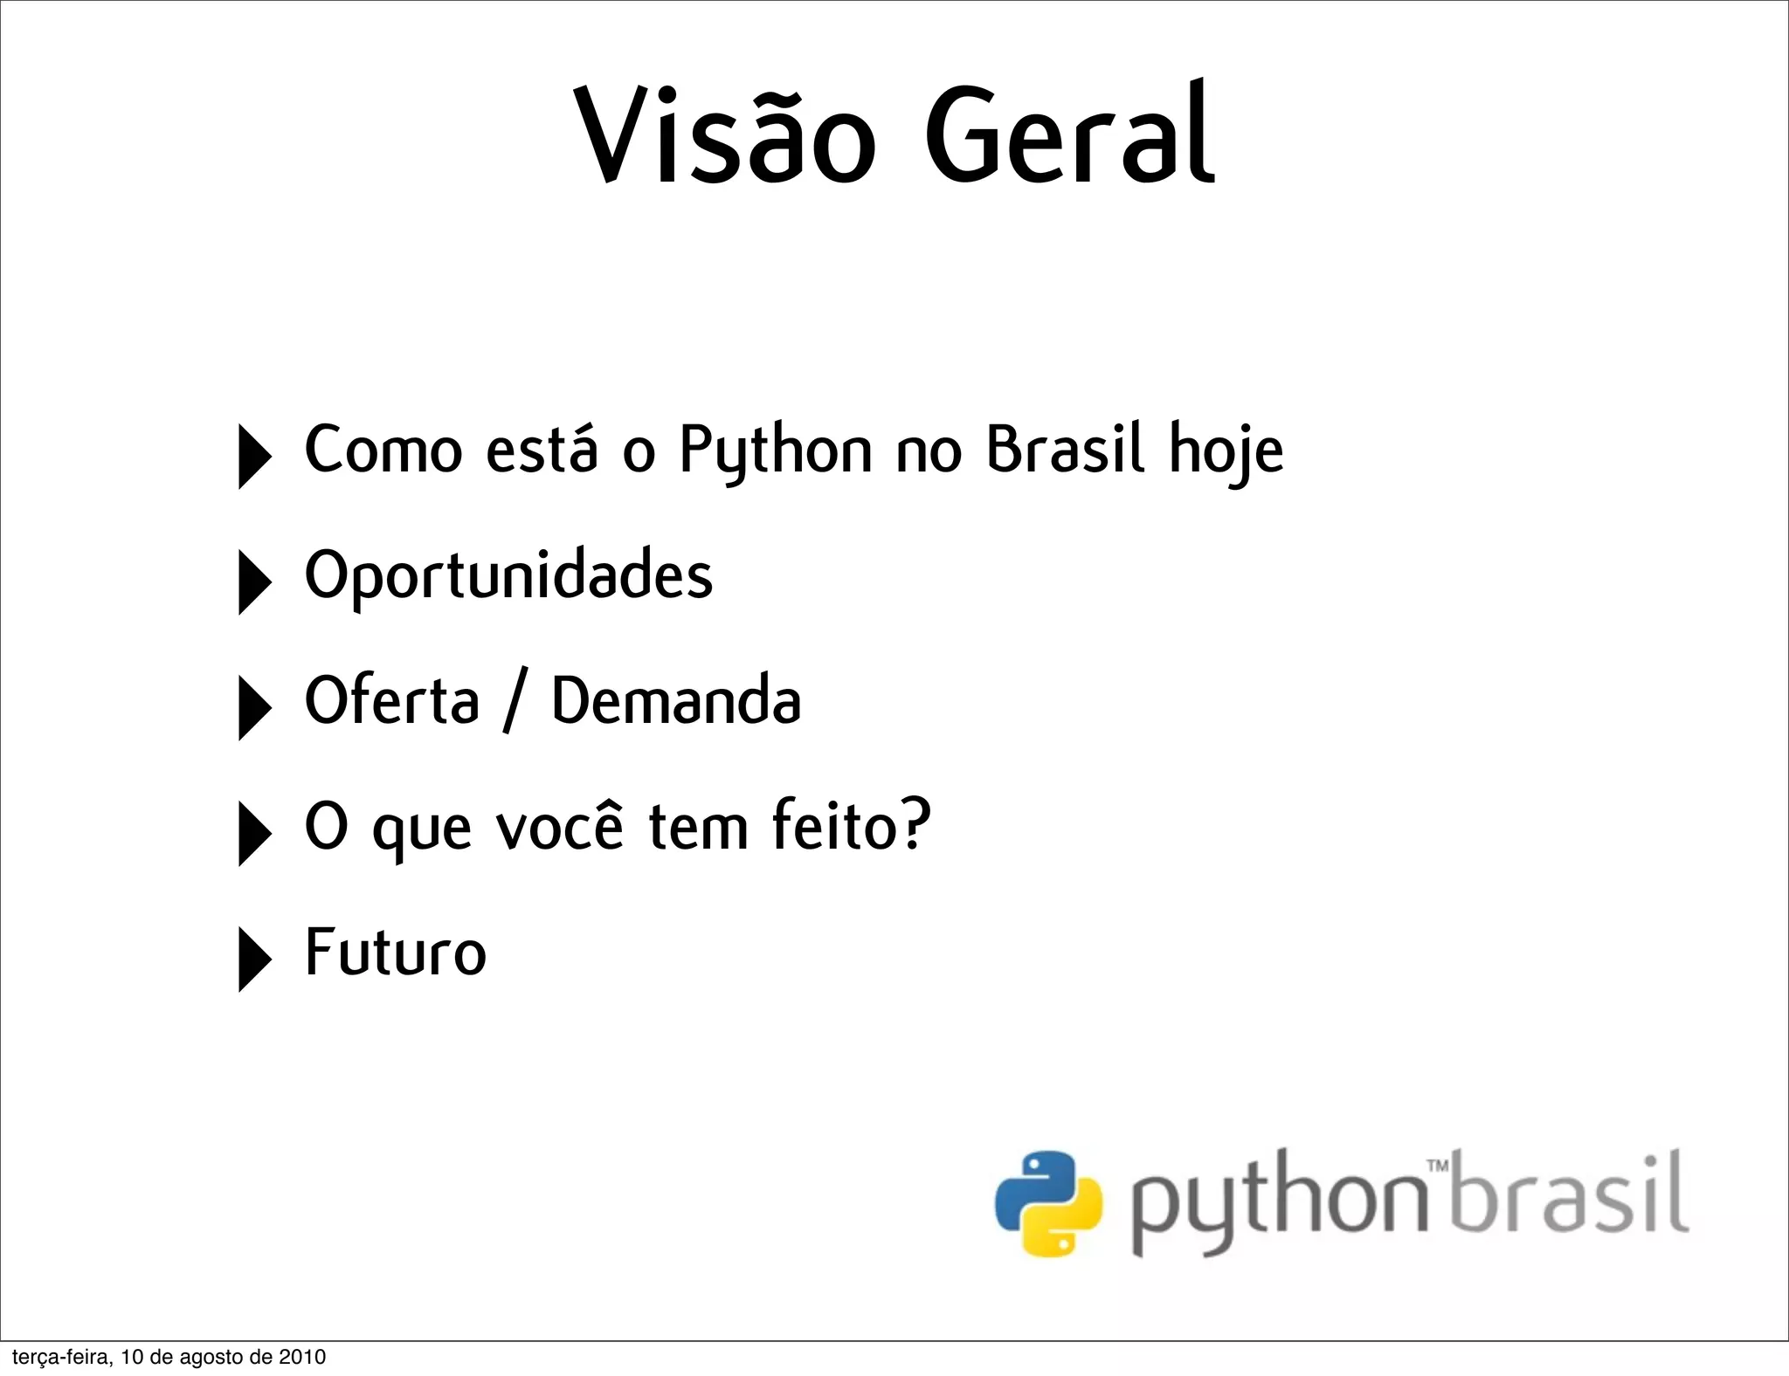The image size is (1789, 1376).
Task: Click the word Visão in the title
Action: (x=724, y=135)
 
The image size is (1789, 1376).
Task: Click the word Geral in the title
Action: (x=1069, y=135)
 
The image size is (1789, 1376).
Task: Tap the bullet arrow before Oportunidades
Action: (x=253, y=581)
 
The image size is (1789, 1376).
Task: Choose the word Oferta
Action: (x=392, y=701)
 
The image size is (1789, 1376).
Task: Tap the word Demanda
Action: (x=676, y=701)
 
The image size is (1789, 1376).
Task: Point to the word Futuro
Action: (x=396, y=952)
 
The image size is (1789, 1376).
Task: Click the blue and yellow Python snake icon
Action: (x=1048, y=1203)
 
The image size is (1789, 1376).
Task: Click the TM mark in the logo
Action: (x=1437, y=1166)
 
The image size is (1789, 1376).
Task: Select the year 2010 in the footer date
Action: (x=302, y=1357)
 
